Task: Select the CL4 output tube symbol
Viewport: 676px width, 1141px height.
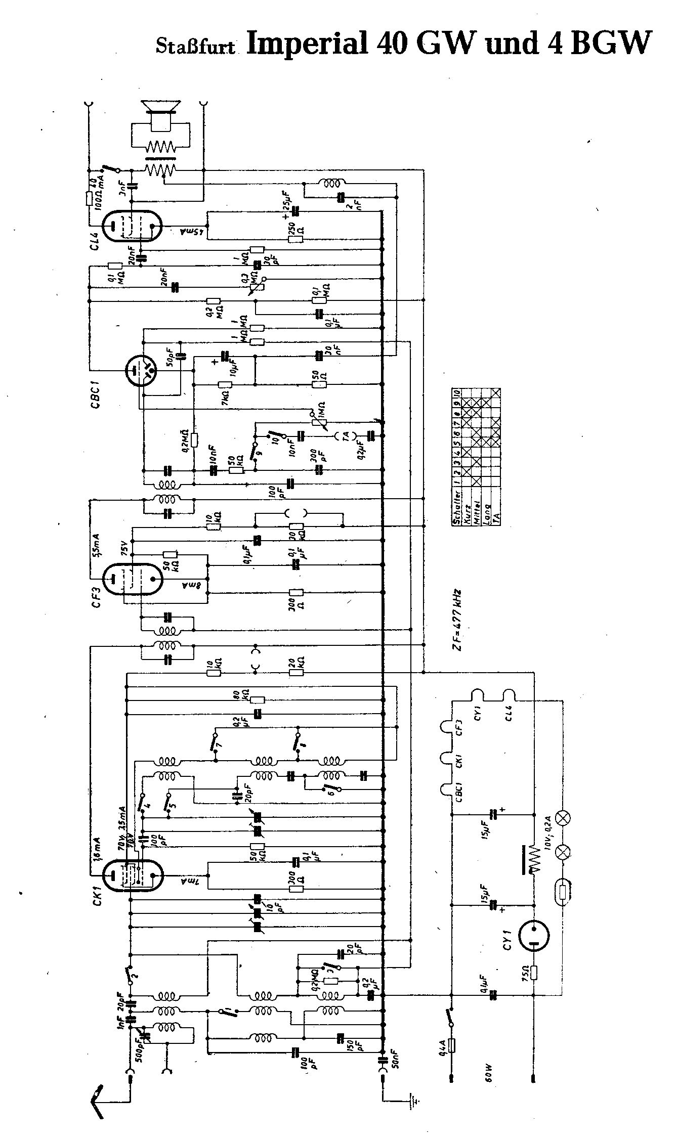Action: tap(132, 226)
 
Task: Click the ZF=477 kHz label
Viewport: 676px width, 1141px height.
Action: tap(457, 620)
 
